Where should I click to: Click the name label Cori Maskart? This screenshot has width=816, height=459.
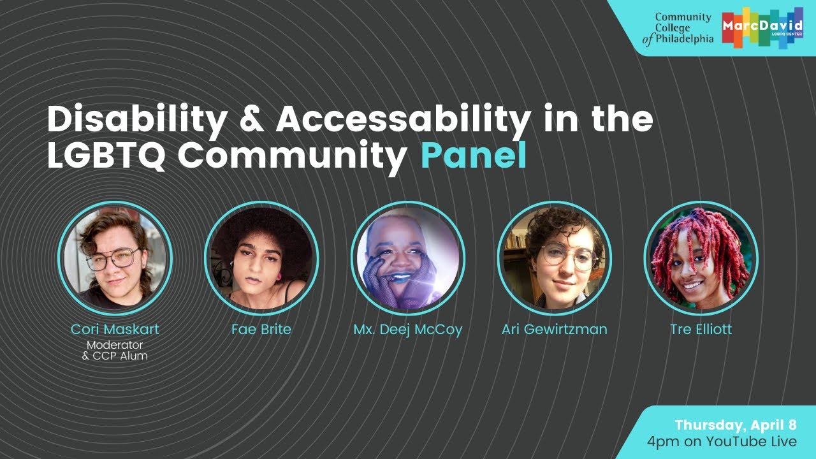[115, 330]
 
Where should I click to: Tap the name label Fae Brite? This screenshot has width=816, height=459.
[261, 330]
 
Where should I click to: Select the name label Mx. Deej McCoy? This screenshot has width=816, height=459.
[408, 330]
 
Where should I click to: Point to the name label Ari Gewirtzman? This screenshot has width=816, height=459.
[554, 330]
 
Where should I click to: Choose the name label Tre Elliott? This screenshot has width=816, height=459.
[701, 330]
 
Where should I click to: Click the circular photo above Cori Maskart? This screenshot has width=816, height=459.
[115, 258]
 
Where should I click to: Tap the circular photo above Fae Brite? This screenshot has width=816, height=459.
[261, 258]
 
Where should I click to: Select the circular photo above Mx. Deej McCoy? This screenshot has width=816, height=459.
[408, 258]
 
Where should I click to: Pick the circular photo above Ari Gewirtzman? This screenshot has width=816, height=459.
[554, 258]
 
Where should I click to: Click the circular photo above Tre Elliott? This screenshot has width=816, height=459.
[701, 258]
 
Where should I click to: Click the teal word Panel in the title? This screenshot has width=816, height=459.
[474, 156]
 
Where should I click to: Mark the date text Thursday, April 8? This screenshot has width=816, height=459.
[736, 425]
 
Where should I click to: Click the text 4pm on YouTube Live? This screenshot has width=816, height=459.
[721, 441]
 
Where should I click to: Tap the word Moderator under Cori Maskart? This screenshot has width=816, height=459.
[115, 345]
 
